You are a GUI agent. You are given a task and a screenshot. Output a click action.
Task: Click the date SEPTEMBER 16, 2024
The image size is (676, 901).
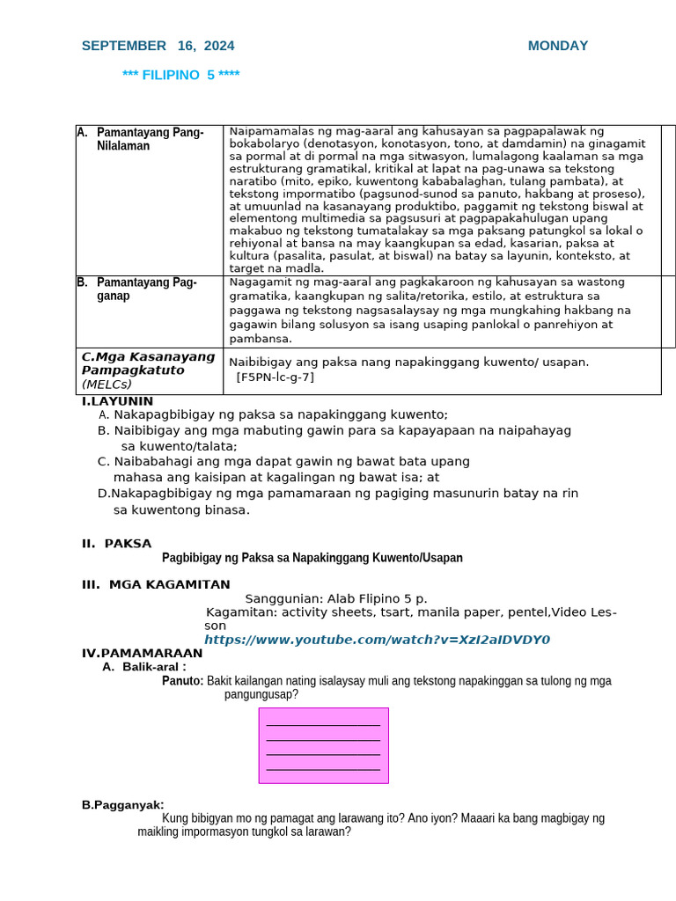tap(158, 46)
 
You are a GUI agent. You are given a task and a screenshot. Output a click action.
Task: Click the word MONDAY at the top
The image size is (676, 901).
tap(558, 46)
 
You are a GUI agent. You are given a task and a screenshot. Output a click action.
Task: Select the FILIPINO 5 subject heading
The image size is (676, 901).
tap(181, 75)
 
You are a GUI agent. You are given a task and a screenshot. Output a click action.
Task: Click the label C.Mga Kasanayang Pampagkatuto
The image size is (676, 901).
tap(148, 363)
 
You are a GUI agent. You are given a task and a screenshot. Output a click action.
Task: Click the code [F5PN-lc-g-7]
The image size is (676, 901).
tap(275, 377)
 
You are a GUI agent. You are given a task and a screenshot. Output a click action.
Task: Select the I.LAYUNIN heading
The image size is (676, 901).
tap(117, 401)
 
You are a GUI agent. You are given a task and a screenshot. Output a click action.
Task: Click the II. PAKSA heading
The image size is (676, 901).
tap(116, 544)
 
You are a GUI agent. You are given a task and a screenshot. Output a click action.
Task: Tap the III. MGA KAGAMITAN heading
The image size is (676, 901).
tap(156, 584)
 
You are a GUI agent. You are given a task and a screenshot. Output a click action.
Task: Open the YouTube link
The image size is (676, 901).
tap(377, 640)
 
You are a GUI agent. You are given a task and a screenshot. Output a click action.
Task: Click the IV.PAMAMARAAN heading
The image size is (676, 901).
tap(142, 653)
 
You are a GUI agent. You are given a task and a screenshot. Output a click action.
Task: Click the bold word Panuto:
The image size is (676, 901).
tap(183, 680)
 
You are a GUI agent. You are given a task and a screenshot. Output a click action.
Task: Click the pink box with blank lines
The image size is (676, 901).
tap(323, 745)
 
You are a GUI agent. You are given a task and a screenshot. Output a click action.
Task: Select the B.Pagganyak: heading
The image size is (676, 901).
tap(122, 804)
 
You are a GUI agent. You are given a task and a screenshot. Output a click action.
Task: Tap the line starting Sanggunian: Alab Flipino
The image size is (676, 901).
tap(335, 598)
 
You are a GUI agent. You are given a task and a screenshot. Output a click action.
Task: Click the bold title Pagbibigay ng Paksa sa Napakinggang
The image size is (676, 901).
tap(312, 558)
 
